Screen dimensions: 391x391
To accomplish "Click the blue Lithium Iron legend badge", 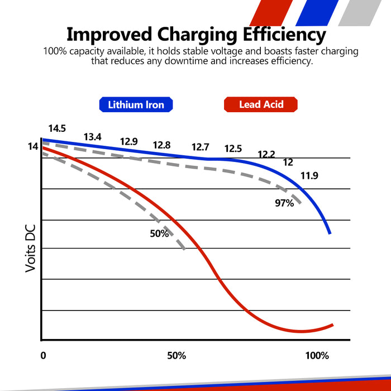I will click(136, 104).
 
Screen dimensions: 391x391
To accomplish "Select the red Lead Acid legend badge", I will click(260, 104).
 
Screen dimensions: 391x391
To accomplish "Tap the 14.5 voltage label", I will click(57, 128).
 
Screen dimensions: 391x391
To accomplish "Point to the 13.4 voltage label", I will click(92, 137).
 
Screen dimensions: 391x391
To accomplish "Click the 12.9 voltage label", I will click(128, 142).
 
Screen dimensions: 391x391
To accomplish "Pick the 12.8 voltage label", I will click(161, 145).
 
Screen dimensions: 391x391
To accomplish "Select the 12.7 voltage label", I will click(200, 147).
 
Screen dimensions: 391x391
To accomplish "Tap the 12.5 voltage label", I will click(233, 149).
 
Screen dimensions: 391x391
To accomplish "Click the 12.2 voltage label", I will click(266, 154).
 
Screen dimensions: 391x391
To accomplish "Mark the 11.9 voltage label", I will click(309, 176).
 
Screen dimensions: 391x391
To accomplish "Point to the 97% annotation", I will click(284, 203).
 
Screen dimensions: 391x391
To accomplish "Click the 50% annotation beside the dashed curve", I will click(159, 233).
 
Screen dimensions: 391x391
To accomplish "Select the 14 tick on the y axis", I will click(32, 147).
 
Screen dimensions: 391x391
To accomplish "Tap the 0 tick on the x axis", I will click(43, 356).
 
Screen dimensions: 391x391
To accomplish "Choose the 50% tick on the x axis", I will click(176, 356).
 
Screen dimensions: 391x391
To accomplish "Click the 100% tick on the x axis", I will click(318, 356).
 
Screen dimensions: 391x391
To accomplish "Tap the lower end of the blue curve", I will click(330, 233).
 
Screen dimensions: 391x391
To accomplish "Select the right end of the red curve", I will click(333, 324).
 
